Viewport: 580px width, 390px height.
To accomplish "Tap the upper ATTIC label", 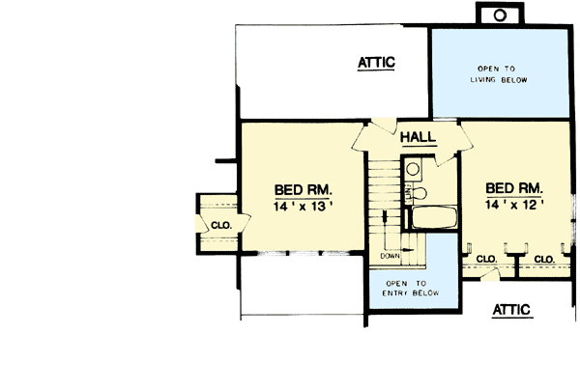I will click(x=376, y=64).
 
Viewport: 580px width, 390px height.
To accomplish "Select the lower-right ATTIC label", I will click(x=511, y=310).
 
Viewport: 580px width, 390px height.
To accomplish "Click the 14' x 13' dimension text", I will click(x=303, y=206).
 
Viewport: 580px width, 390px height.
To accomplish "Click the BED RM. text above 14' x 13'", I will click(x=303, y=189).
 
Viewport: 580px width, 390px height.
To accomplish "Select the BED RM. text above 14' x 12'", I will click(x=514, y=188).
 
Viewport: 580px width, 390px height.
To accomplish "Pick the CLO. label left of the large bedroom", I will click(x=222, y=225).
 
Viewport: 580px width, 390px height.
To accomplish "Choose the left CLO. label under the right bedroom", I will click(x=486, y=259).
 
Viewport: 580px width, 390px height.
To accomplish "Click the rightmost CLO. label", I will click(x=543, y=259).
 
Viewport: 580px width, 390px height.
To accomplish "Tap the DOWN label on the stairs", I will click(x=390, y=256).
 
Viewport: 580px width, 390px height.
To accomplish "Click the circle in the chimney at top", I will click(x=500, y=14).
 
